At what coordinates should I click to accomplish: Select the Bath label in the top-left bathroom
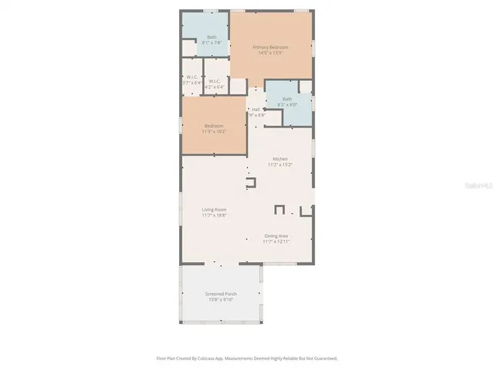coord(211,38)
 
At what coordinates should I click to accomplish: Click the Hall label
coord(256,110)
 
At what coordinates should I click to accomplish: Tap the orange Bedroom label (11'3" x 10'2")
coord(214,126)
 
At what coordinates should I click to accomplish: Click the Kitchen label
coord(279,160)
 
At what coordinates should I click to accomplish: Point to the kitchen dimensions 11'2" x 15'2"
coord(279,165)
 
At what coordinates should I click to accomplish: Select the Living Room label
coord(214,209)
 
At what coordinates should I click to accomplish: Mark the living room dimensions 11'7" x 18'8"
coord(214,215)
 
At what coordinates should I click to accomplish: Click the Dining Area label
coord(276,237)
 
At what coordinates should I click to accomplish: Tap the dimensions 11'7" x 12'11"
coord(276,242)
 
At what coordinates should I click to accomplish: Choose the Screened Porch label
coord(221,294)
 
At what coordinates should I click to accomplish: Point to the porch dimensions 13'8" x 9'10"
coord(221,300)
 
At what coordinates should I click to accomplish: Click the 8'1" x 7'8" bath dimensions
coord(211,43)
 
